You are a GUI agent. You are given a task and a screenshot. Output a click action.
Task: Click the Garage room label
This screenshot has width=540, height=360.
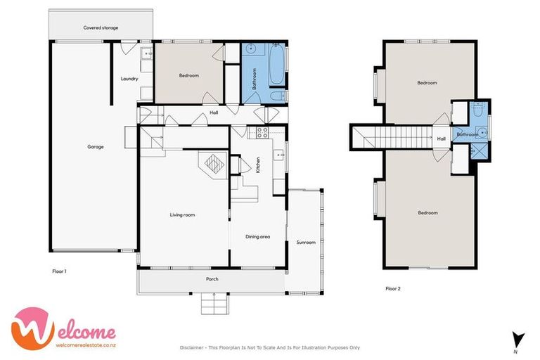point(96,147)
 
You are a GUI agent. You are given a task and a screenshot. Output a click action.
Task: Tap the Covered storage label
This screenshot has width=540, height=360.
point(101,27)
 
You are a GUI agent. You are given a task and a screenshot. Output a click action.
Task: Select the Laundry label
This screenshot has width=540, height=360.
point(129,79)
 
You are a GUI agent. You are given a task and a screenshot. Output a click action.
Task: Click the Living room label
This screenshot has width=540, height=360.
point(182,214)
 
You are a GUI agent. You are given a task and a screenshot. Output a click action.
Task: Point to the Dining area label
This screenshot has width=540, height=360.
point(258,236)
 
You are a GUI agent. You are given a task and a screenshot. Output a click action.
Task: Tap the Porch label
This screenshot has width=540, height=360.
point(212,279)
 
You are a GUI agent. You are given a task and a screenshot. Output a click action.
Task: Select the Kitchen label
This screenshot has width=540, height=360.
point(258,166)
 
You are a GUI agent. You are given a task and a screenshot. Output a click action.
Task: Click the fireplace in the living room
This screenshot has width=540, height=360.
point(212,164)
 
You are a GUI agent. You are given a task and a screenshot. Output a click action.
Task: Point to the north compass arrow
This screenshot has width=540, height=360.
point(517,338)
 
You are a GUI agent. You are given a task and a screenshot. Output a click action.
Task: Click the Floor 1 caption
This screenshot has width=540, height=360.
point(60,270)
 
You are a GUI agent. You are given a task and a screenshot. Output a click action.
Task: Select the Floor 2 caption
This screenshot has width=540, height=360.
point(393,288)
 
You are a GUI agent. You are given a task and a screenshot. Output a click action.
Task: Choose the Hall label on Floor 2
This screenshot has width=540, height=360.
point(441,139)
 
